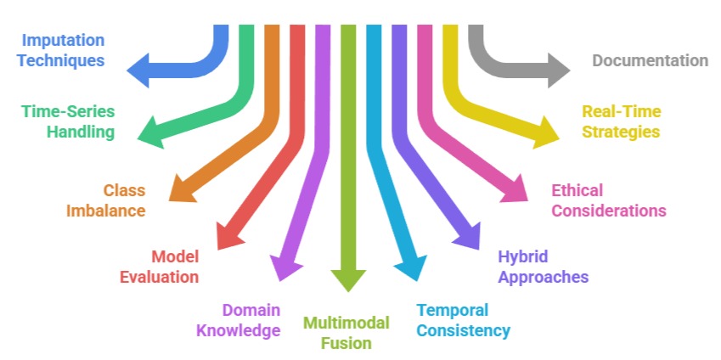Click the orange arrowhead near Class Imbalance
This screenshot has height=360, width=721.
tap(185, 188)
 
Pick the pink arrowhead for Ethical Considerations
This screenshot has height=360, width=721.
tap(514, 188)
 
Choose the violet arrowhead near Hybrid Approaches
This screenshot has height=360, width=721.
tap(468, 233)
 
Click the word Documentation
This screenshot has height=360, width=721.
tap(650, 60)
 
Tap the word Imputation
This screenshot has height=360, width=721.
tap(63, 40)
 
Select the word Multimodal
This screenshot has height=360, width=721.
tap(346, 323)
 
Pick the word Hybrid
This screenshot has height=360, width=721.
tap(523, 256)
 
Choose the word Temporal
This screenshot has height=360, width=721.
tap(452, 310)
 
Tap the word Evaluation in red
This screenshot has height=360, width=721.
tap(159, 277)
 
